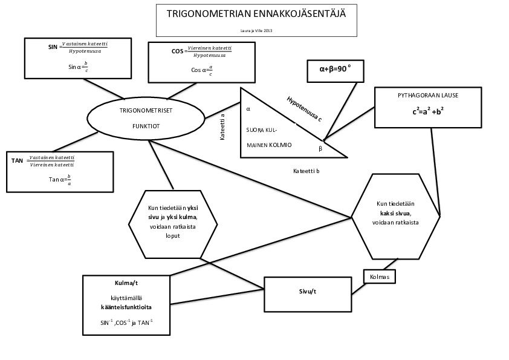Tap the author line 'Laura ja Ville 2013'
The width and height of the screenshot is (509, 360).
256,30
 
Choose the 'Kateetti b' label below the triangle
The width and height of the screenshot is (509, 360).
306,171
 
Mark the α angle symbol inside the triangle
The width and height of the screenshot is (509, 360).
248,110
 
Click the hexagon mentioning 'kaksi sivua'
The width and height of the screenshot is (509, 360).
395,214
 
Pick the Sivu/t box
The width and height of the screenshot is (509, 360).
308,292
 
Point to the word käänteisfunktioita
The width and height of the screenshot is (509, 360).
126,307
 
